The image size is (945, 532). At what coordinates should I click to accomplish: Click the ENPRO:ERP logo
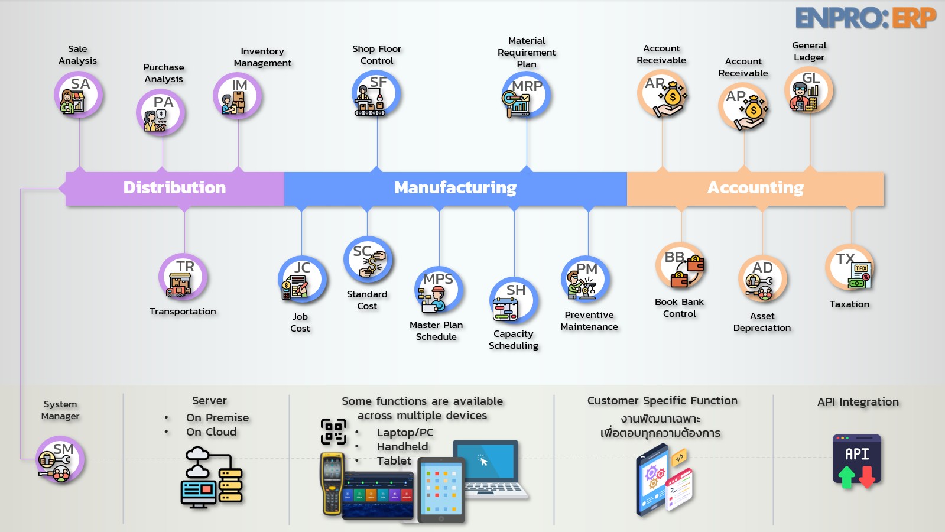click(x=865, y=18)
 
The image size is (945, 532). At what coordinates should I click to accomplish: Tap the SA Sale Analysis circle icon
click(x=78, y=95)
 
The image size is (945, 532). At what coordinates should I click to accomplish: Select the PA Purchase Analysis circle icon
click(x=160, y=112)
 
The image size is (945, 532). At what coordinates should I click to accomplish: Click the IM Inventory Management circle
click(x=237, y=96)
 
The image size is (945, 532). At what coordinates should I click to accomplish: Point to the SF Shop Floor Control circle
click(x=376, y=93)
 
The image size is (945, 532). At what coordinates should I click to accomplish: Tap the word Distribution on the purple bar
click(x=174, y=188)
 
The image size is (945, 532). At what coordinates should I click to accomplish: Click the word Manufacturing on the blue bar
click(x=455, y=188)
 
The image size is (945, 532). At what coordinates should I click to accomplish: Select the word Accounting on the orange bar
click(x=755, y=188)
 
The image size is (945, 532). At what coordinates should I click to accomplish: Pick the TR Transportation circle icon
click(x=183, y=277)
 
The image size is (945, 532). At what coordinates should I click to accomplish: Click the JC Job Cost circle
click(x=301, y=280)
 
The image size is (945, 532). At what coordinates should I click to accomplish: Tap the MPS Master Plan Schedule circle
click(x=438, y=290)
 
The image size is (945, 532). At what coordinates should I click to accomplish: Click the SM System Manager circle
click(x=60, y=460)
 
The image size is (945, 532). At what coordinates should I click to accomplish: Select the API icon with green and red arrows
click(x=857, y=461)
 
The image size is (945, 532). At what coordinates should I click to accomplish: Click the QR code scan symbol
click(x=333, y=431)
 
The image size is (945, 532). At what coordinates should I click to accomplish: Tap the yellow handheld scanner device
click(x=332, y=482)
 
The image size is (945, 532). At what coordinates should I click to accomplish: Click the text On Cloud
click(x=211, y=432)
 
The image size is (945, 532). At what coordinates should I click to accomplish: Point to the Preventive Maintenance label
click(x=589, y=321)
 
